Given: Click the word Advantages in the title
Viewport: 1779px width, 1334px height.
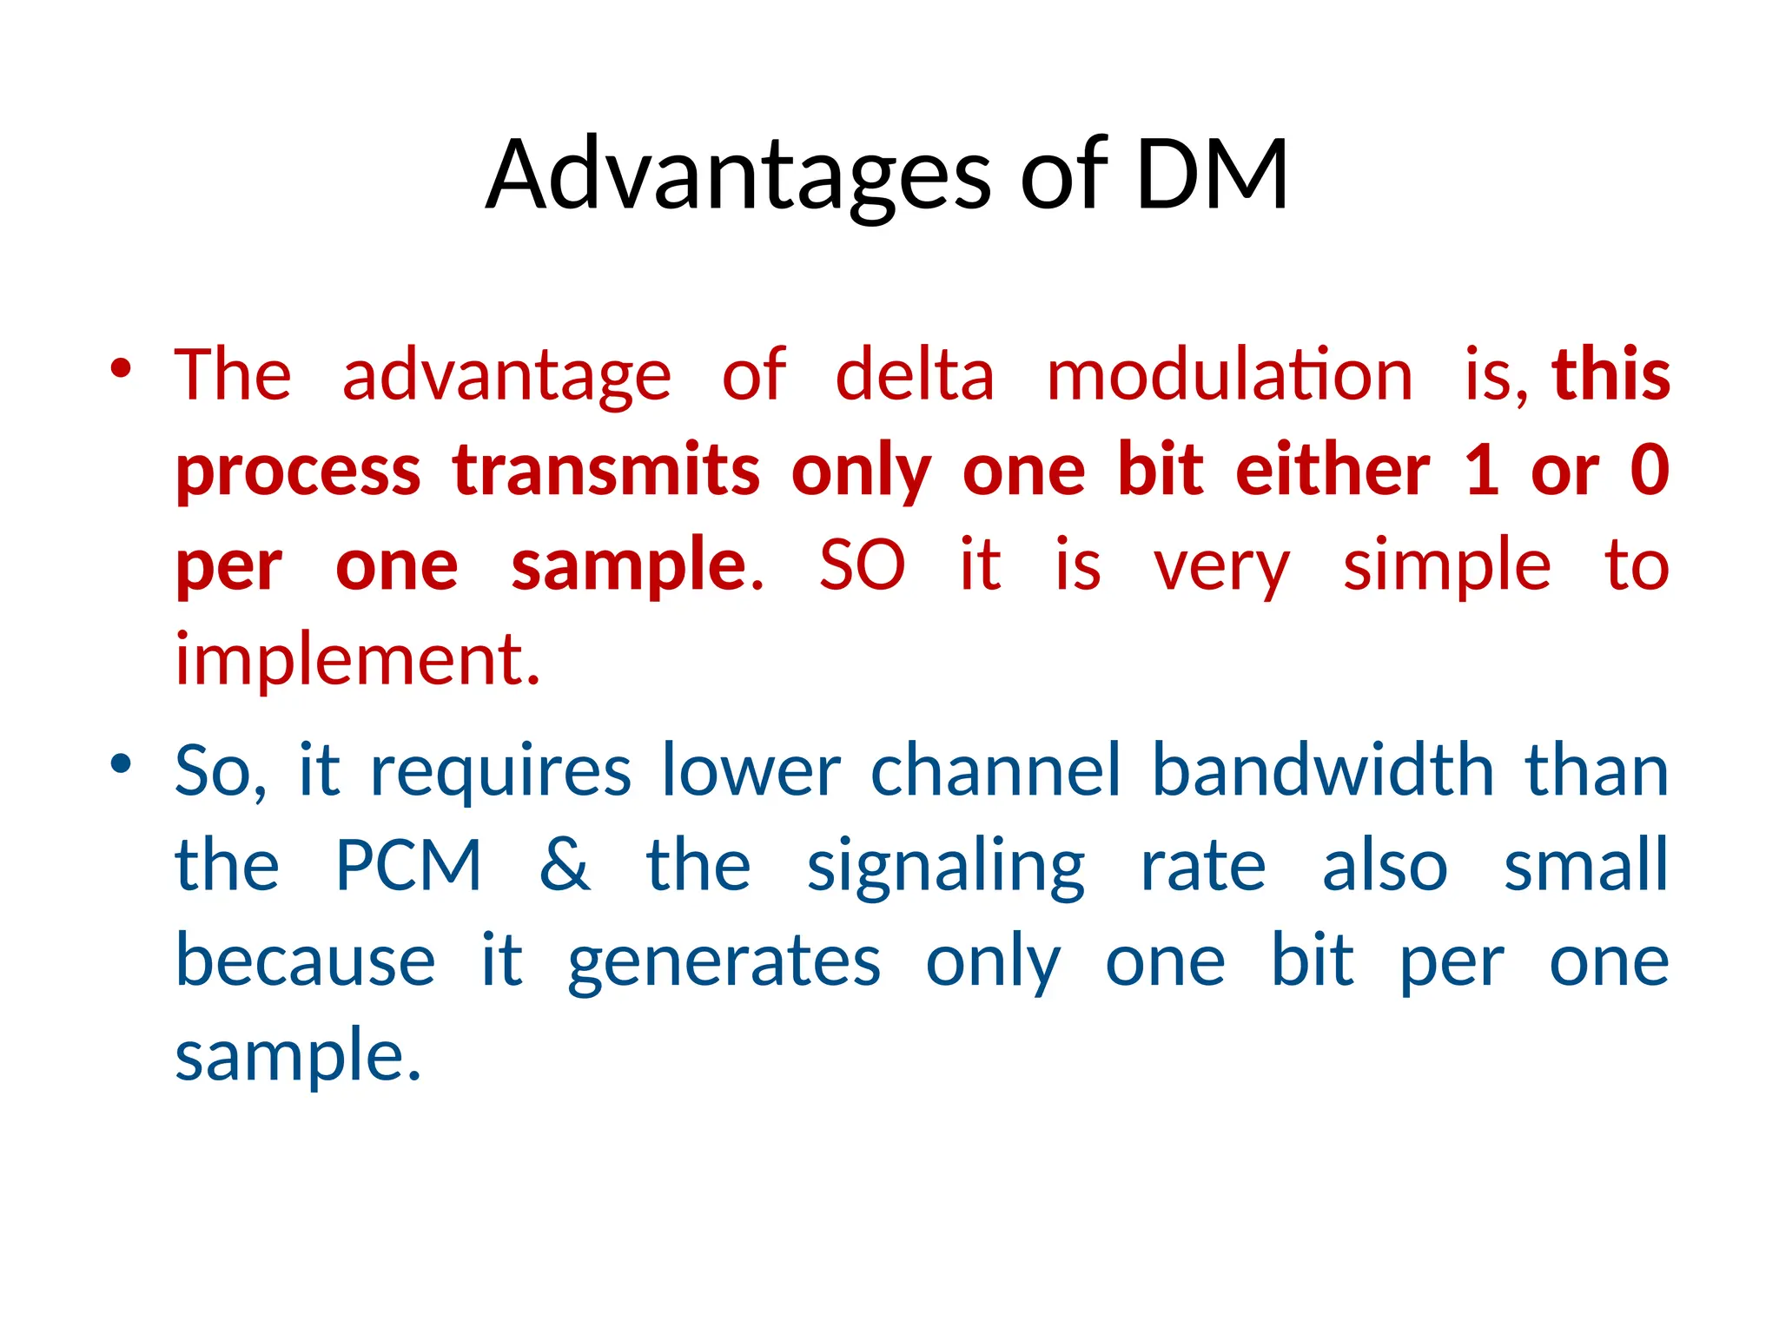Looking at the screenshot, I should point(738,176).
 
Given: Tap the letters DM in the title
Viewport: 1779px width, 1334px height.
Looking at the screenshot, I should point(1211,176).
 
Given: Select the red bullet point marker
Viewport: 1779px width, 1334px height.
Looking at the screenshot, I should point(121,368).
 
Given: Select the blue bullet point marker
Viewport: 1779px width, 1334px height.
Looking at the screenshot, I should point(121,764).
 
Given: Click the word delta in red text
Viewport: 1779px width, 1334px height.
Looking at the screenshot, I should point(915,375).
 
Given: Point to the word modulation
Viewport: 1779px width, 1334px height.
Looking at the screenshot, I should point(1229,375).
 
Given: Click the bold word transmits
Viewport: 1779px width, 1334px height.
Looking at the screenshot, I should point(606,471).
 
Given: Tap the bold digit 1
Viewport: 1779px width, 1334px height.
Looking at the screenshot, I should point(1482,471).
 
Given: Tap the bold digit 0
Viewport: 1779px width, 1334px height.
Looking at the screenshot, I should point(1650,471).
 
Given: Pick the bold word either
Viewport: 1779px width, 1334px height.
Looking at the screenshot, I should point(1333,471).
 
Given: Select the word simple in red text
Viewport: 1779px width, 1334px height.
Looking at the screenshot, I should point(1446,566).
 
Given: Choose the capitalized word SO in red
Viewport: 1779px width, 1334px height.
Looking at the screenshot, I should point(862,566).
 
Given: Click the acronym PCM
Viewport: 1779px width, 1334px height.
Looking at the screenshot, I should point(408,867).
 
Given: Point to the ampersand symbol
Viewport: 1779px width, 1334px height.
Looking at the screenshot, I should point(565,867).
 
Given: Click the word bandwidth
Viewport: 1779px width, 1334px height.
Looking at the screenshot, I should point(1323,771).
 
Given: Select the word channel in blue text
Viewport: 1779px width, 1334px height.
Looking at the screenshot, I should point(996,771).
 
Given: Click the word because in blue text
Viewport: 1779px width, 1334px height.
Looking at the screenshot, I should point(305,962).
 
